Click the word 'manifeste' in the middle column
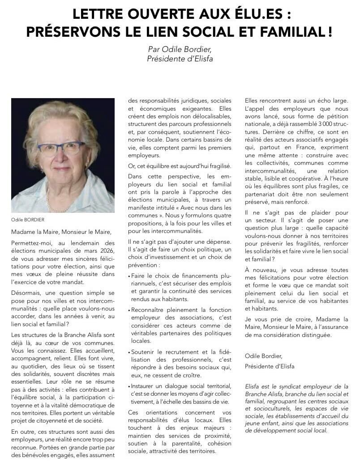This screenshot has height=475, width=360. tap(142, 208)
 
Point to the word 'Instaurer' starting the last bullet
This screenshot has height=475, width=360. tap(145, 386)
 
